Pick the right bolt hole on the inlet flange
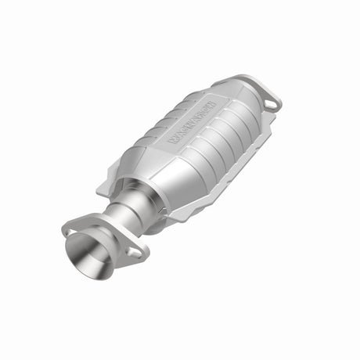(134, 253)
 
